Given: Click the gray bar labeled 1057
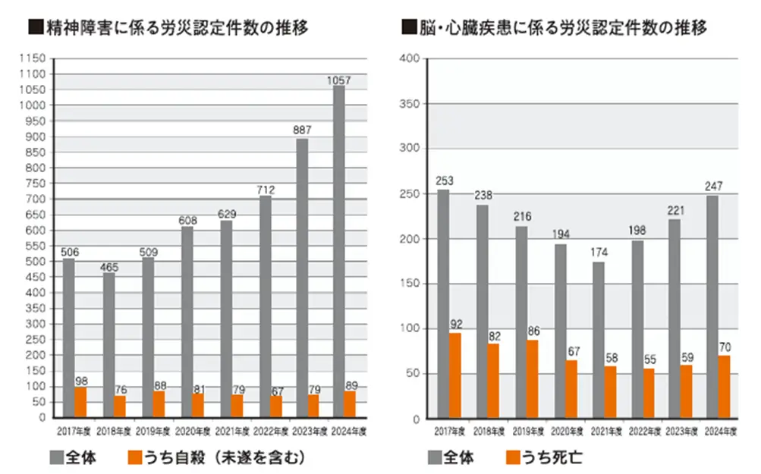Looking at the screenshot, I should [338, 251].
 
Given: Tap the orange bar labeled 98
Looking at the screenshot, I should [80, 402].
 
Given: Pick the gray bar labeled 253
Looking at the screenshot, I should [443, 303].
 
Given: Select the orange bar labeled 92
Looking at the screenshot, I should [455, 375].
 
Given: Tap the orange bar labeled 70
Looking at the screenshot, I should [725, 387].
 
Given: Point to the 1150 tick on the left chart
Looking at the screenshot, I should [35, 58].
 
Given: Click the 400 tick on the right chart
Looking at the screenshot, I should [409, 59].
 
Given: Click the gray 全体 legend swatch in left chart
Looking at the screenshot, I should [59, 457].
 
